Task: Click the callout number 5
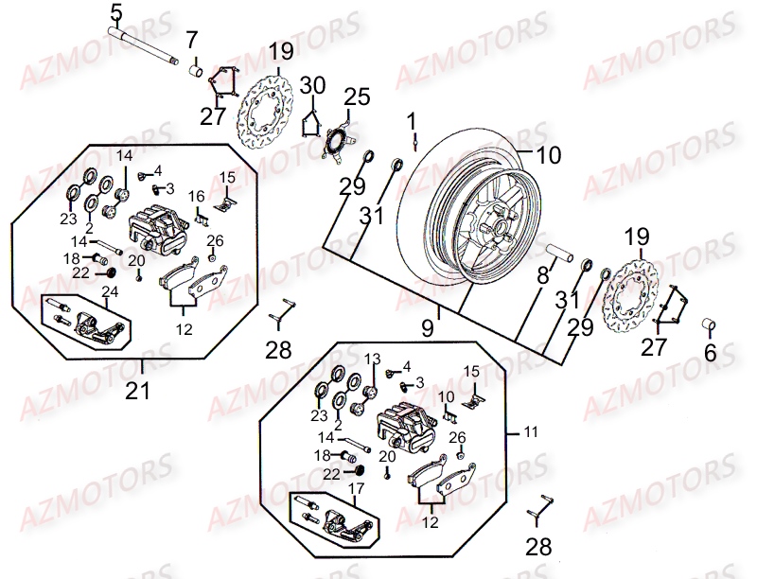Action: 115,13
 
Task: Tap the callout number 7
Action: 192,40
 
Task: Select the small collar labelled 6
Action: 710,326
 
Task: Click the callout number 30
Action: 313,86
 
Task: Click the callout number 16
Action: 196,196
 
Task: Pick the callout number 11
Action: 532,431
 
